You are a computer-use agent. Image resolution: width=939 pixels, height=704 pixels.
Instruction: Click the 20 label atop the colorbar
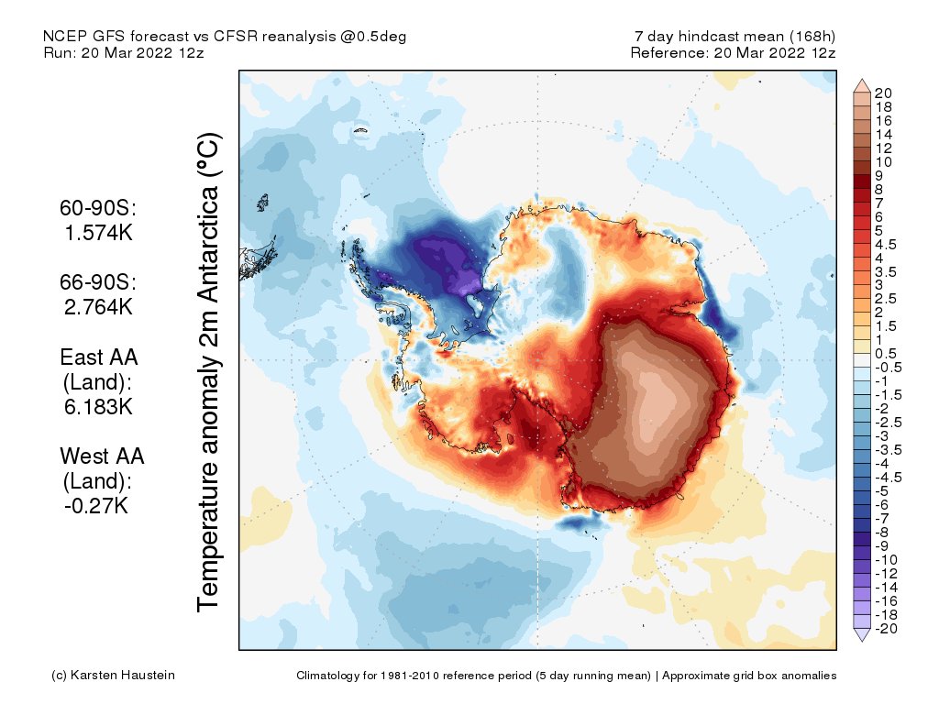pos(883,93)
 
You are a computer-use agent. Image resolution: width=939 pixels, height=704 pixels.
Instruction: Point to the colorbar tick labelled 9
pos(878,175)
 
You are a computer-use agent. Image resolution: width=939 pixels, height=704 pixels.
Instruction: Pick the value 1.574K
pos(99,233)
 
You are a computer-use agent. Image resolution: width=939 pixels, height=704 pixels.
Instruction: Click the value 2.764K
pos(99,306)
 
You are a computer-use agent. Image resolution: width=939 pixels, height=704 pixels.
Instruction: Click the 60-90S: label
pos(99,209)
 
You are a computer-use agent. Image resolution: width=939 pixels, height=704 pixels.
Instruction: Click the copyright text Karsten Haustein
pos(113,676)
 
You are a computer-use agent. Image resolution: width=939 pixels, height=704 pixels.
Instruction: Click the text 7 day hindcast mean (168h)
pos(735,37)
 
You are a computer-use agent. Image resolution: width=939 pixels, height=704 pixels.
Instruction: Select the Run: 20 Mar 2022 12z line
pos(124,52)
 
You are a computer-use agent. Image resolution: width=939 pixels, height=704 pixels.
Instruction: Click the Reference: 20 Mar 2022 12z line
pos(733,52)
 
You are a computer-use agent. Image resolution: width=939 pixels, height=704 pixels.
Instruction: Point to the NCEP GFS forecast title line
pos(225,37)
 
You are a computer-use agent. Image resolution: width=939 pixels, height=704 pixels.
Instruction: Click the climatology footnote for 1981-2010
pos(566,676)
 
